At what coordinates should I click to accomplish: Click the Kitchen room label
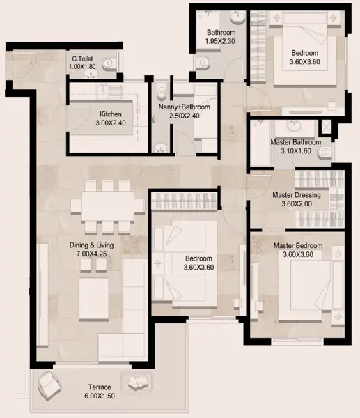point(111,114)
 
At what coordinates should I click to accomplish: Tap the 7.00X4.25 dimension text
point(91,254)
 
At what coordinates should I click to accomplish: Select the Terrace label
point(100,387)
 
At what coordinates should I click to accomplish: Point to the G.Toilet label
point(82,59)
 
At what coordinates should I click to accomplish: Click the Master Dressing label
point(297,195)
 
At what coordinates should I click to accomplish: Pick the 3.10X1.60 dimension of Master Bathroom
point(296,151)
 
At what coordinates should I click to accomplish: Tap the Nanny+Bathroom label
point(184,107)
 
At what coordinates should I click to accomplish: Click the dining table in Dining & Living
point(108,206)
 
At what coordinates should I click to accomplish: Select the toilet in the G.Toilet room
point(109,63)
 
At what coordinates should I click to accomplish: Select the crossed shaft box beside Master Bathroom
point(327,127)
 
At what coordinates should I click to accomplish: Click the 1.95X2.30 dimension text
point(220,41)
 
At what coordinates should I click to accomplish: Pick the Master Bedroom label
point(298,245)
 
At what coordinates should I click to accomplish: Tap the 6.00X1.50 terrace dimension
point(100,396)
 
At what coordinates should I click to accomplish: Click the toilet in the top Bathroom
point(203,63)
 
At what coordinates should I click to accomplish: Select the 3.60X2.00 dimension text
point(297,204)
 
